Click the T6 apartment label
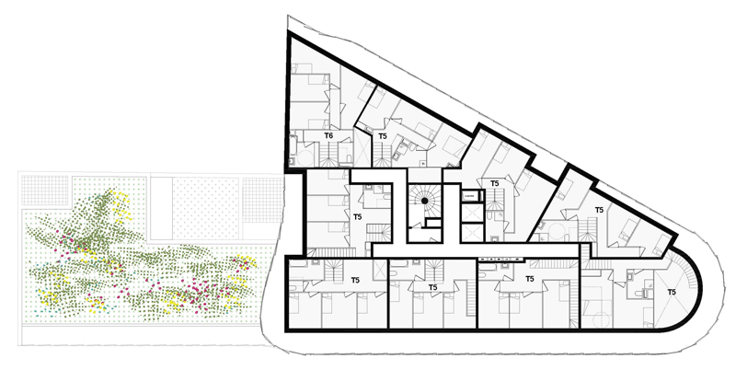point(328,135)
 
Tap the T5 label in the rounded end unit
point(672,292)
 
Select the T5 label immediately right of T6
point(383,136)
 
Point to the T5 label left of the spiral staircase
point(358,217)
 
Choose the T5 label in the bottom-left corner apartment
point(355,281)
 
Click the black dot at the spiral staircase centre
point(424,201)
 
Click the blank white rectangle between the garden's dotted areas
point(160,207)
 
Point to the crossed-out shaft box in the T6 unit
point(362,146)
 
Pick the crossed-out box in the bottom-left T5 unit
point(380,269)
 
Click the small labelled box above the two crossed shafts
point(469,195)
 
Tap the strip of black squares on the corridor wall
point(500,259)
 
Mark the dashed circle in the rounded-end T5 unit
point(602,321)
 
